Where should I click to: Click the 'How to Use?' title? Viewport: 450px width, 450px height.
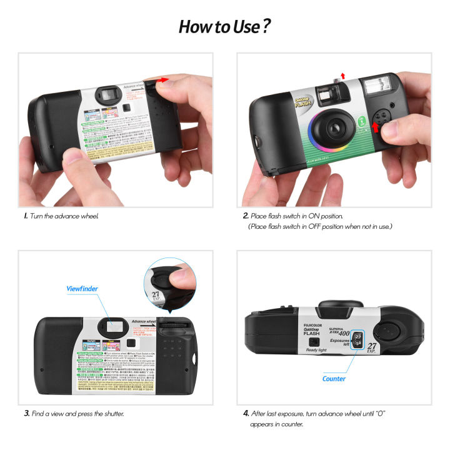pos(224,27)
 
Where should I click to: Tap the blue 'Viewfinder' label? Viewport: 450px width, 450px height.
pos(82,289)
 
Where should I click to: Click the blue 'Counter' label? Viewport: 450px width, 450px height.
pos(334,378)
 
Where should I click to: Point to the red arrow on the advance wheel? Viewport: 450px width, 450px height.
pos(164,80)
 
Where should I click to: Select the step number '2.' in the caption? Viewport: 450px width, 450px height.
pos(246,216)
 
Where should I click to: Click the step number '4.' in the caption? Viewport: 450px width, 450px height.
pos(246,413)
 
